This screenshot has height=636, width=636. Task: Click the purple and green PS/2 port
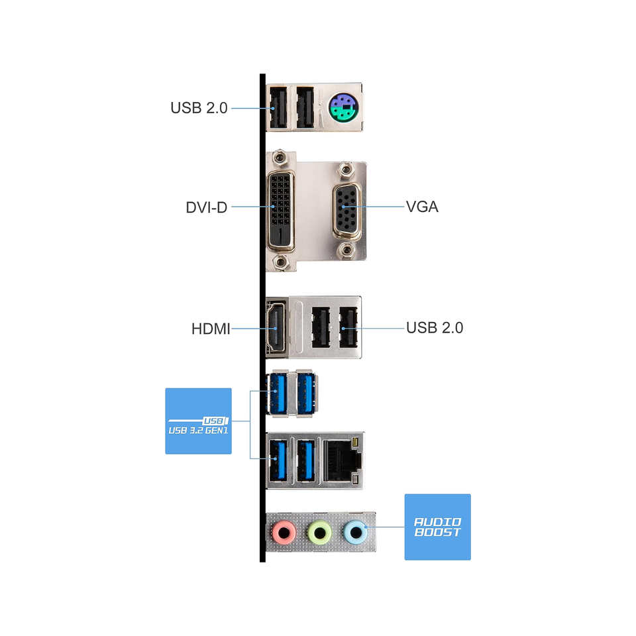tap(344, 107)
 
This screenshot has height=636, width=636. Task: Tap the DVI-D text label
tap(207, 207)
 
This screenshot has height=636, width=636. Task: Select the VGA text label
tap(422, 207)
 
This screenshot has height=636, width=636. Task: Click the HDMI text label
tap(211, 329)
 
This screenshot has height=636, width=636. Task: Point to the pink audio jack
tap(284, 532)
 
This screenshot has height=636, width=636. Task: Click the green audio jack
tap(319, 532)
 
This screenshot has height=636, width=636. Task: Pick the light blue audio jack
tap(355, 532)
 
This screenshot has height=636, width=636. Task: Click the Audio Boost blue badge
tap(438, 527)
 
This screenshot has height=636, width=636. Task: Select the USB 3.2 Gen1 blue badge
tap(198, 421)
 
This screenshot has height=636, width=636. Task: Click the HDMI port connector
tap(276, 328)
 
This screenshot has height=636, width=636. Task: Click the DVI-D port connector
tap(280, 210)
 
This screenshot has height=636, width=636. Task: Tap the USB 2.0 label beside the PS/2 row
tap(199, 108)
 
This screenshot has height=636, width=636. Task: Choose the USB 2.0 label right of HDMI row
tap(435, 328)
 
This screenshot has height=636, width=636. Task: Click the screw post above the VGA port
tap(346, 169)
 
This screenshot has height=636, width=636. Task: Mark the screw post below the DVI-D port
tap(280, 262)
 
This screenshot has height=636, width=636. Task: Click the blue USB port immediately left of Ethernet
tap(306, 461)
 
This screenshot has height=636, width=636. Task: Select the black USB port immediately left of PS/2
tap(305, 107)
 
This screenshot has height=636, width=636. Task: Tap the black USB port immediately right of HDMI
tap(321, 327)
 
